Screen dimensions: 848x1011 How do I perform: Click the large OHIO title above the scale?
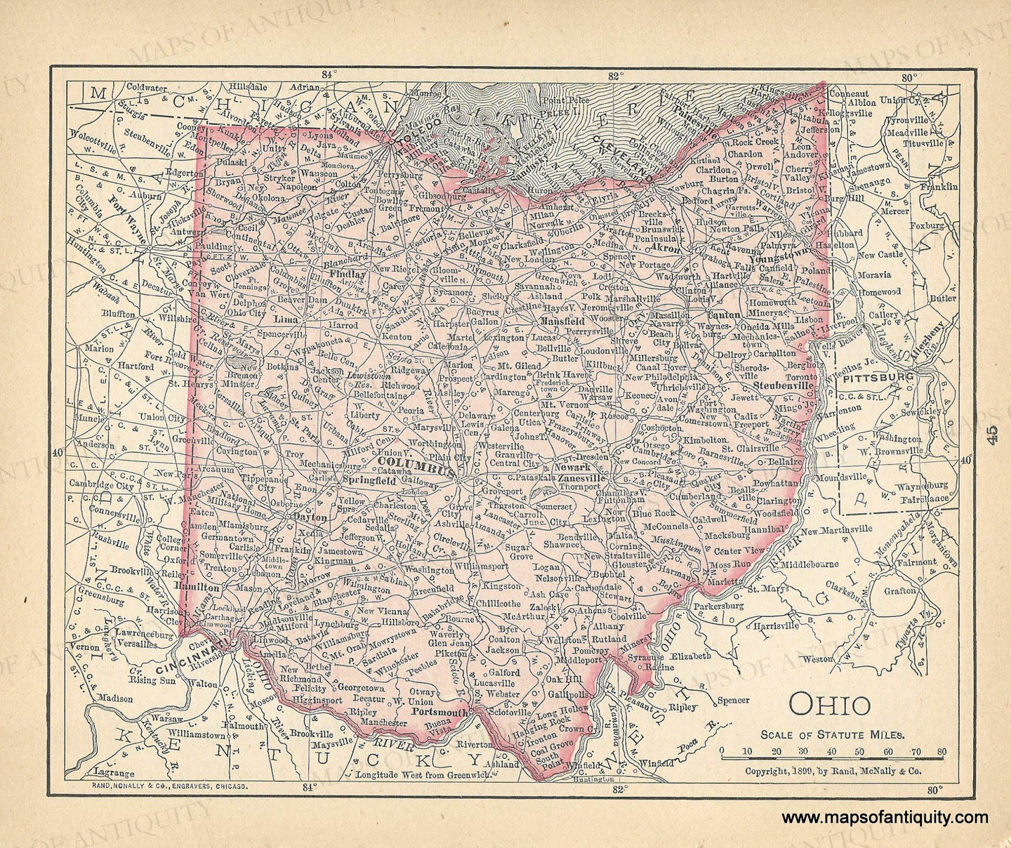pos(831,704)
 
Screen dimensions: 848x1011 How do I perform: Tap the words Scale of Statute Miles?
pos(833,734)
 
